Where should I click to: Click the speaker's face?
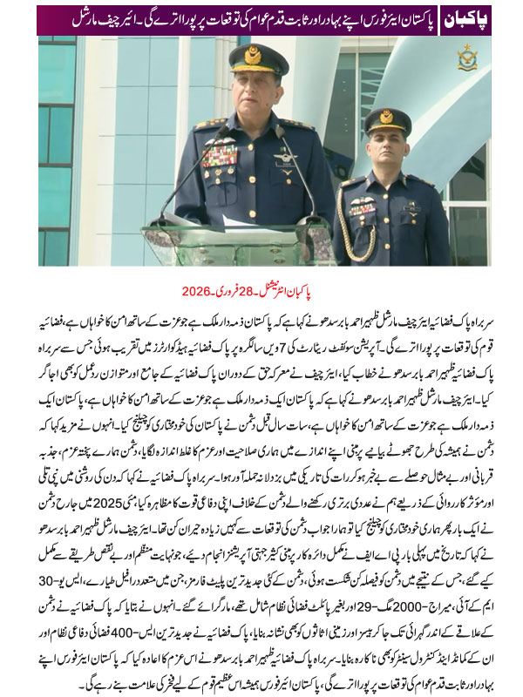coord(259,95)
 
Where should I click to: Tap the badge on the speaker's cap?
coord(258,54)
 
